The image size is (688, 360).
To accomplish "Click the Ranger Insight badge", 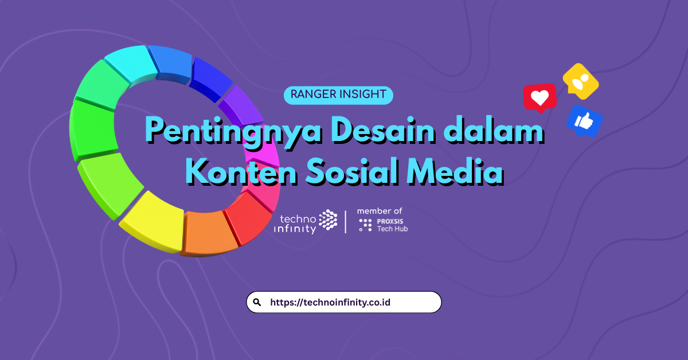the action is click(x=338, y=95).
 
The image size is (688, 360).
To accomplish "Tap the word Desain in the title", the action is click(x=383, y=130).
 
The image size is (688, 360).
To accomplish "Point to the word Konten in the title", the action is click(x=241, y=171).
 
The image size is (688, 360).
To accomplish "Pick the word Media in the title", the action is click(x=455, y=171).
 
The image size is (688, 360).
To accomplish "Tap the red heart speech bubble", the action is click(x=540, y=97).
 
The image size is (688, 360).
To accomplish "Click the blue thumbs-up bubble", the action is click(x=584, y=121).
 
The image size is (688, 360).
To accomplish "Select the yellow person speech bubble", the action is click(x=580, y=81).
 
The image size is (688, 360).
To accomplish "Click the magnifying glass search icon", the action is click(x=257, y=303).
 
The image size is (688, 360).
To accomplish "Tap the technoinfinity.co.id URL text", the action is click(x=330, y=303).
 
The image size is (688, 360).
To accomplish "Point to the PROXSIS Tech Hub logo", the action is click(x=384, y=225).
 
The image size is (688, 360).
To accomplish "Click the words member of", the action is click(x=380, y=211).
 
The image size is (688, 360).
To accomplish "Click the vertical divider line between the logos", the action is click(x=346, y=222).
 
